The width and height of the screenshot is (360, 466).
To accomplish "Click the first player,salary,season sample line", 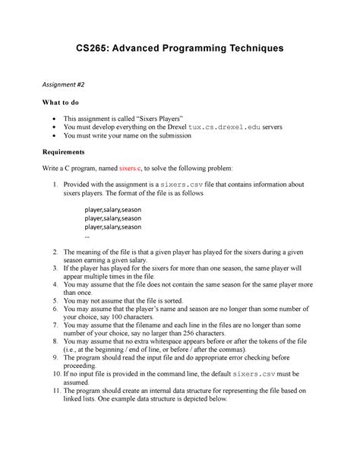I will click(113, 208).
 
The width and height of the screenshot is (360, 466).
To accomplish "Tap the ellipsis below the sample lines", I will click(87, 236).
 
